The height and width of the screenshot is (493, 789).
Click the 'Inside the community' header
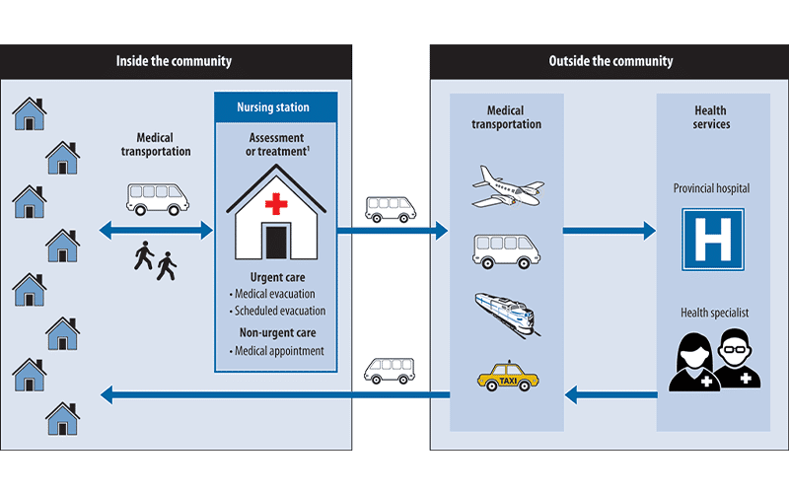(x=175, y=61)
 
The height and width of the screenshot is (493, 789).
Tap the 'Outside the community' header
(x=610, y=61)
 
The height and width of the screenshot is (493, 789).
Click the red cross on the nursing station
(x=276, y=204)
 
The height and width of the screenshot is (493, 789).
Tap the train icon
(x=507, y=313)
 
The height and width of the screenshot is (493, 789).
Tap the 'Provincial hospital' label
(x=712, y=188)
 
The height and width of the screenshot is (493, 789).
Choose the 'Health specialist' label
(x=712, y=313)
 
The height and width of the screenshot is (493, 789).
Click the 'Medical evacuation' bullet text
(x=275, y=294)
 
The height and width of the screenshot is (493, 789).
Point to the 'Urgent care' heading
(x=276, y=277)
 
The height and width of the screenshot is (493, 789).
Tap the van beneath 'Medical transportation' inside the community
(x=158, y=197)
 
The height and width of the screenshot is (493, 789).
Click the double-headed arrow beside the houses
(x=156, y=231)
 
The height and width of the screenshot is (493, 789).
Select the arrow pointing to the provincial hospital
(x=609, y=232)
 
